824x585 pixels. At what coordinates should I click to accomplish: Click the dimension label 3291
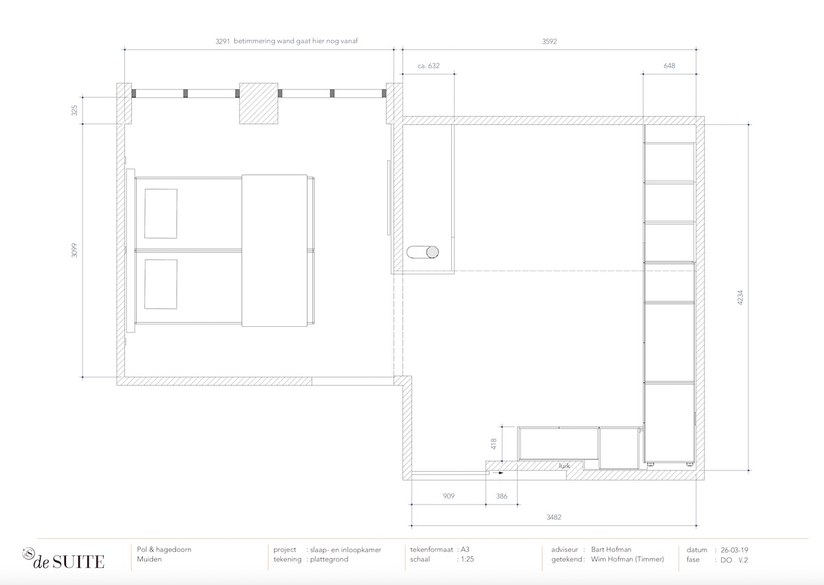pyautogui.click(x=222, y=41)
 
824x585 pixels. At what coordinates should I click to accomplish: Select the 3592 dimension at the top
pyautogui.click(x=549, y=42)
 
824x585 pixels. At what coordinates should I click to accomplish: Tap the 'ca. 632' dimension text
pyautogui.click(x=428, y=66)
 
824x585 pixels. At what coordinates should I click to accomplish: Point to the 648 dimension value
pyautogui.click(x=669, y=66)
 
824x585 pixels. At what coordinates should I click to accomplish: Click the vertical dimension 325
pyautogui.click(x=75, y=111)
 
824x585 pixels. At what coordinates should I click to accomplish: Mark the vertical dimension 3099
pyautogui.click(x=75, y=250)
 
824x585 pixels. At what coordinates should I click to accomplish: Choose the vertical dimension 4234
pyautogui.click(x=740, y=297)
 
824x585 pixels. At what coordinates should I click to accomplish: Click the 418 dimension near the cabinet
pyautogui.click(x=494, y=444)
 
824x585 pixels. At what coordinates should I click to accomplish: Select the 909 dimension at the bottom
pyautogui.click(x=449, y=496)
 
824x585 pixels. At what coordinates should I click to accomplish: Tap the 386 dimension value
pyautogui.click(x=502, y=496)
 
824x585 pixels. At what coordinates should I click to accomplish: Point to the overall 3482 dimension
pyautogui.click(x=553, y=517)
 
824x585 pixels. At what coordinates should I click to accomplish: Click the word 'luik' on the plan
pyautogui.click(x=564, y=466)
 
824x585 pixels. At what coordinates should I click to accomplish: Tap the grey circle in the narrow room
pyautogui.click(x=433, y=252)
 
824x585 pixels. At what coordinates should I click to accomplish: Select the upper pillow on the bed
pyautogui.click(x=161, y=214)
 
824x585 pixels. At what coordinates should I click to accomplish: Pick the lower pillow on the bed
pyautogui.click(x=161, y=284)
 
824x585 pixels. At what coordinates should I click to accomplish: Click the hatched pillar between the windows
pyautogui.click(x=259, y=104)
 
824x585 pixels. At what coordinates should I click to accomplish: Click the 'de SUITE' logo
pyautogui.click(x=64, y=559)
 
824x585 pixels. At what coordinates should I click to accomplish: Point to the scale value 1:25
pyautogui.click(x=468, y=559)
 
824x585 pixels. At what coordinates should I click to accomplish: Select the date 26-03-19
pyautogui.click(x=734, y=550)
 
